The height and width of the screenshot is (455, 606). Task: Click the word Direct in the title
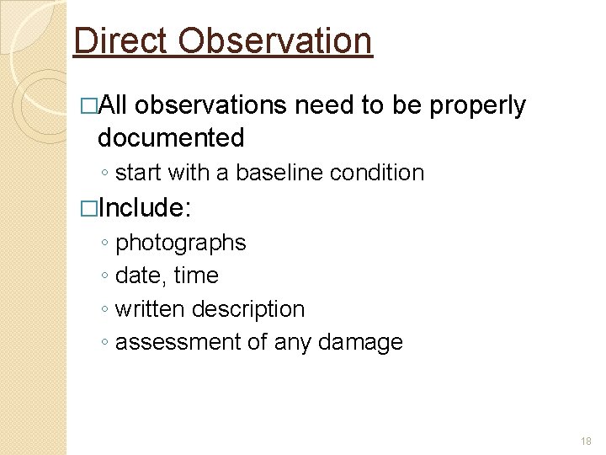(121, 40)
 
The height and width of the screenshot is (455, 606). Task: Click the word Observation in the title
(275, 40)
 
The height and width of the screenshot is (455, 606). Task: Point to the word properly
(477, 105)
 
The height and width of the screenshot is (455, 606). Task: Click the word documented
(171, 136)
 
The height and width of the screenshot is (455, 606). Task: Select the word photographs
(180, 244)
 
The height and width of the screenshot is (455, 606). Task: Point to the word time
(196, 276)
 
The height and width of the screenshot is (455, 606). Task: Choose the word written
(150, 309)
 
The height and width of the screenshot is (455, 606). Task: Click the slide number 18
(586, 442)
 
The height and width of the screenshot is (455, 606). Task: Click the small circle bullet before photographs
(103, 244)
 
